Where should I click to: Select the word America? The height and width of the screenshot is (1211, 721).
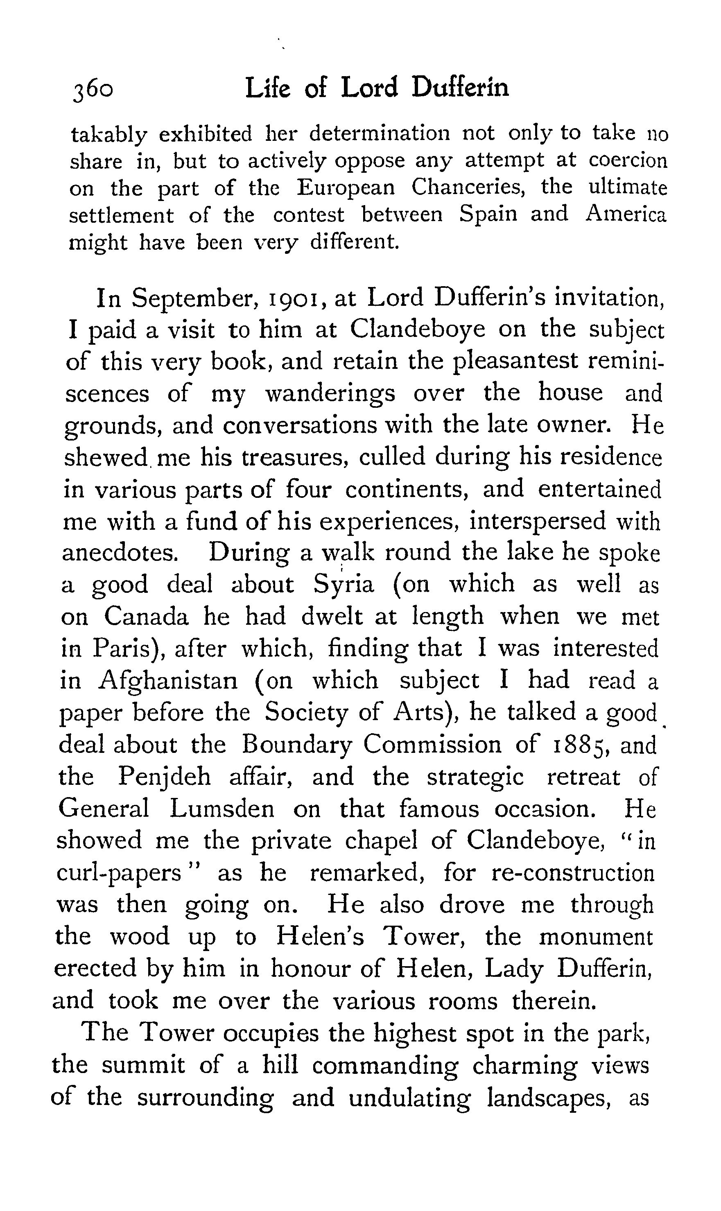point(626,214)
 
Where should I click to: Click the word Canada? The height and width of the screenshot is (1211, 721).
point(146,617)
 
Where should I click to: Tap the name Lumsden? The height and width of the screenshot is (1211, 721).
point(222,810)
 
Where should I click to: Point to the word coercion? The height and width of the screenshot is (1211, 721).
point(628,160)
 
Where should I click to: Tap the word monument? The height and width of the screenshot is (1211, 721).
point(596,937)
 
